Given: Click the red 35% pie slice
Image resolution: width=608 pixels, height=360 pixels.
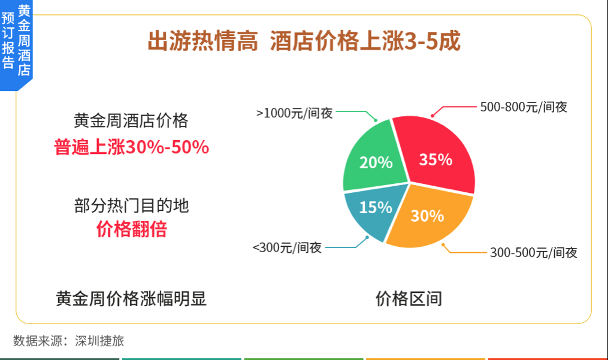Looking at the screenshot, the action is [438, 155].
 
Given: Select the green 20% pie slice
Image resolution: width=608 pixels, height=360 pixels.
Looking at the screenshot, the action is [372, 159].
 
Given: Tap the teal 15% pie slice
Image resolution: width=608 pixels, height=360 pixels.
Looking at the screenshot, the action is [370, 210].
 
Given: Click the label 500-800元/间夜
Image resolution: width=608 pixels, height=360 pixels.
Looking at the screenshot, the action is [524, 107].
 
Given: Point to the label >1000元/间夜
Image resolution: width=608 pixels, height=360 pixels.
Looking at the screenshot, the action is [295, 113].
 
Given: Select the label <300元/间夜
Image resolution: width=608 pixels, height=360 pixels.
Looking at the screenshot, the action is [288, 247].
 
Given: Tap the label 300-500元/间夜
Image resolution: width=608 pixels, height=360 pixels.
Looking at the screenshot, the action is [534, 253].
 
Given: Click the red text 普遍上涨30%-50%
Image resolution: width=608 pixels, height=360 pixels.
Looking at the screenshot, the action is [131, 147].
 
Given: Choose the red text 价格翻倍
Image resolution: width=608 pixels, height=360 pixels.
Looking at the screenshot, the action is [131, 229].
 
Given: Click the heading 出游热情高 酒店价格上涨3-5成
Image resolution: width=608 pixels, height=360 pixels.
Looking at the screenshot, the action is [304, 41].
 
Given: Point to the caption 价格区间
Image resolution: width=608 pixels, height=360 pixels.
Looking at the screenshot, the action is [409, 299].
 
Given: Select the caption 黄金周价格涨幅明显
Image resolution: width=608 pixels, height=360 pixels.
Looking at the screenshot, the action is [131, 299].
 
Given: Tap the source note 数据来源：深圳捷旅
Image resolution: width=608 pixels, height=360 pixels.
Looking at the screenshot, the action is [69, 341].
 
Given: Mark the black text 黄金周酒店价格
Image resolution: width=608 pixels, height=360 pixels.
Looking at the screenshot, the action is [131, 120].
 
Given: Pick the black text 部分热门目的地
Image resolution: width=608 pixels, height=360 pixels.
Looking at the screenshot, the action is [131, 205].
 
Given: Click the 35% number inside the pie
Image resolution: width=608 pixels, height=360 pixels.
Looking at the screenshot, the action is [435, 159].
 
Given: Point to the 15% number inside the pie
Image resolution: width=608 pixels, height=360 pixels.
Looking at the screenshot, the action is [376, 207].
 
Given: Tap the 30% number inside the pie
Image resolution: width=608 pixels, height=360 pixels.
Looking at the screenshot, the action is [427, 216].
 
